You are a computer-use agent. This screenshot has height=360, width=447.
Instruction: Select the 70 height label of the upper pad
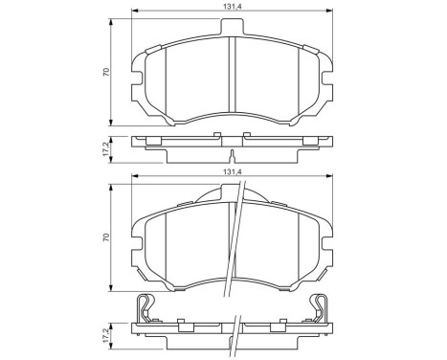106,72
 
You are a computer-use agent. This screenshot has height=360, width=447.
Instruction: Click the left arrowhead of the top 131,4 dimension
134,13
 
